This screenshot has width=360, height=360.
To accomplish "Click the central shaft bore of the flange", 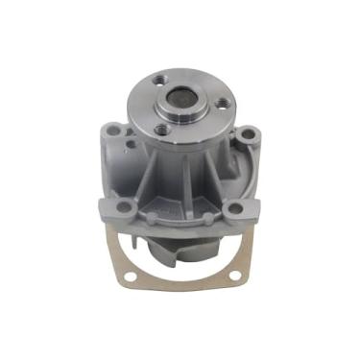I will click(x=180, y=98).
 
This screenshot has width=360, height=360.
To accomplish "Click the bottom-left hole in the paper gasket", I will click(x=121, y=278).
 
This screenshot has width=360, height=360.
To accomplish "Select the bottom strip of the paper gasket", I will click(x=180, y=288).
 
